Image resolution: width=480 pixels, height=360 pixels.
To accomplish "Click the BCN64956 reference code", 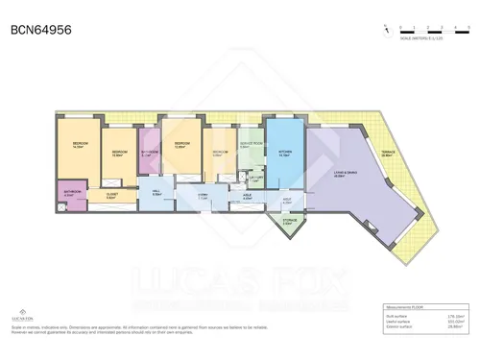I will tap(39, 30).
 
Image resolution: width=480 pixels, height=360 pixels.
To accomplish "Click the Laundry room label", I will tap(256, 178).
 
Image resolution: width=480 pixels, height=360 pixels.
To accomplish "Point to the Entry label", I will tap(203, 197).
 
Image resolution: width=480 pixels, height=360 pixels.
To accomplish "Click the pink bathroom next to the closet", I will tap(72, 193).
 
